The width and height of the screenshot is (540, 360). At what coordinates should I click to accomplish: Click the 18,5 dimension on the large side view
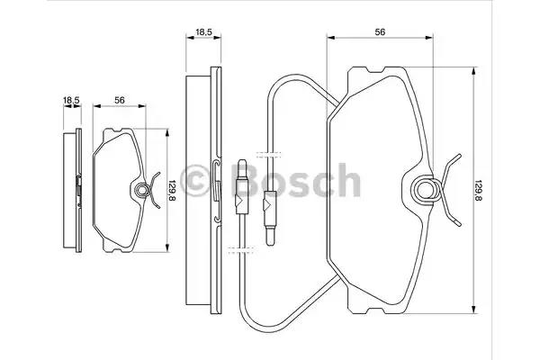tap(203, 32)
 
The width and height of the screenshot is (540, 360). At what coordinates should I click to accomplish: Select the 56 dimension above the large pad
tap(380, 32)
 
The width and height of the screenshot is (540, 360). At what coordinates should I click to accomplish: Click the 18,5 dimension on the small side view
tap(71, 100)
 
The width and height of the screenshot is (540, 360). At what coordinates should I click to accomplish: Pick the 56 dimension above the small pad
tap(120, 100)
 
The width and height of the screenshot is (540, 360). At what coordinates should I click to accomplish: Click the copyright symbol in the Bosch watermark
tap(195, 180)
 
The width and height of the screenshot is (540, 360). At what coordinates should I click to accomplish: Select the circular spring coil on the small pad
tap(141, 190)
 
